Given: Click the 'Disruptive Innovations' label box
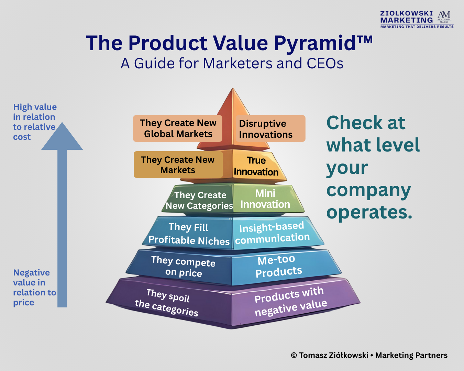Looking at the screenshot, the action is [270, 128].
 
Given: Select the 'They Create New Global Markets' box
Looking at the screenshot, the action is [177, 128].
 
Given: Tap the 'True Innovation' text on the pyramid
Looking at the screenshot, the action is [256, 166].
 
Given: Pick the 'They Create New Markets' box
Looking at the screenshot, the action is [178, 165].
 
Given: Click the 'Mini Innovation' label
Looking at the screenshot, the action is [265, 199].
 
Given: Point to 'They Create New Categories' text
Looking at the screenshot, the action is [199, 200].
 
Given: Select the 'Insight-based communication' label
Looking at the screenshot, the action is [272, 233].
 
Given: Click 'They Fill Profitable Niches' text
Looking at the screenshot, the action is [189, 234].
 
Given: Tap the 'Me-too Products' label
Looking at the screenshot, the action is [278, 266].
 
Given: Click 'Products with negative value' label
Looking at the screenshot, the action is [291, 301].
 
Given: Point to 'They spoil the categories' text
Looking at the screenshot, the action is [166, 302].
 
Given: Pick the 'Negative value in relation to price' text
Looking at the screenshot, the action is [34, 288].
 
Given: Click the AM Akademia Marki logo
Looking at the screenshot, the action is [444, 17].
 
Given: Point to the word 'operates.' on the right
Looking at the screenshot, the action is [369, 212].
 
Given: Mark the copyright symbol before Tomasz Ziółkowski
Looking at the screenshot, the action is [294, 355].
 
